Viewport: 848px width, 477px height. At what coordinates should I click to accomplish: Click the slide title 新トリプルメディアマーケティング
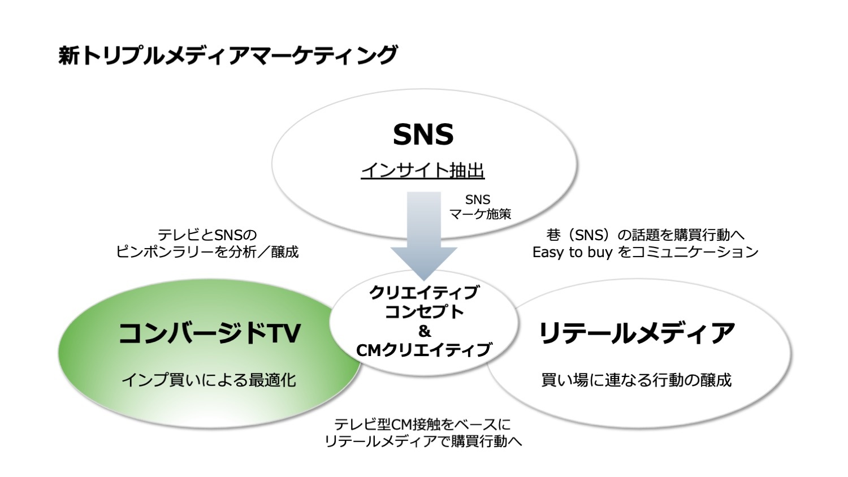click(x=228, y=55)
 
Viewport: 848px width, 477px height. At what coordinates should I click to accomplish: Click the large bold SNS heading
click(x=423, y=135)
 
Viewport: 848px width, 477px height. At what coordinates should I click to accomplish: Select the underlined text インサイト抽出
click(x=423, y=171)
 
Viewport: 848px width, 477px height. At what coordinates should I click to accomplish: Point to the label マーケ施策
click(x=480, y=214)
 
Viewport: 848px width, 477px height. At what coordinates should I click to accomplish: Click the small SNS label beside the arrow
click(x=478, y=200)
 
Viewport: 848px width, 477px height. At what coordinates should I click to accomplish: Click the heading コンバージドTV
click(x=209, y=333)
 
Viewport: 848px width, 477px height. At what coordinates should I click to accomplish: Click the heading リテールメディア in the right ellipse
click(x=637, y=333)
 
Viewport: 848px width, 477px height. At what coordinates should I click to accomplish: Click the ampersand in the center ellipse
click(x=425, y=331)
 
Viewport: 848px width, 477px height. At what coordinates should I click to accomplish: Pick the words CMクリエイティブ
click(x=424, y=350)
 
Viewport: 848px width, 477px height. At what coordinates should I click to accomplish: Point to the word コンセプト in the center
click(x=424, y=312)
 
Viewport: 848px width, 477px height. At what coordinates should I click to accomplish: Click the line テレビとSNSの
click(x=207, y=235)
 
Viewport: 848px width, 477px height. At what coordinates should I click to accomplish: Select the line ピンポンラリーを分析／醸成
click(x=207, y=251)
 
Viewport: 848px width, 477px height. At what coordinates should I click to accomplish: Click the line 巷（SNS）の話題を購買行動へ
click(x=646, y=235)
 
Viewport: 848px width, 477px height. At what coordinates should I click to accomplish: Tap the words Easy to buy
click(x=572, y=252)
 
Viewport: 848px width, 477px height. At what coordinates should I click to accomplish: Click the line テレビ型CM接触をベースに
click(x=423, y=424)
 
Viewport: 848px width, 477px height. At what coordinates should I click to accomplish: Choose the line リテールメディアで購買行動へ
click(x=423, y=441)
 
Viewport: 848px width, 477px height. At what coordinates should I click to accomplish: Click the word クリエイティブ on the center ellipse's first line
click(x=424, y=293)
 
